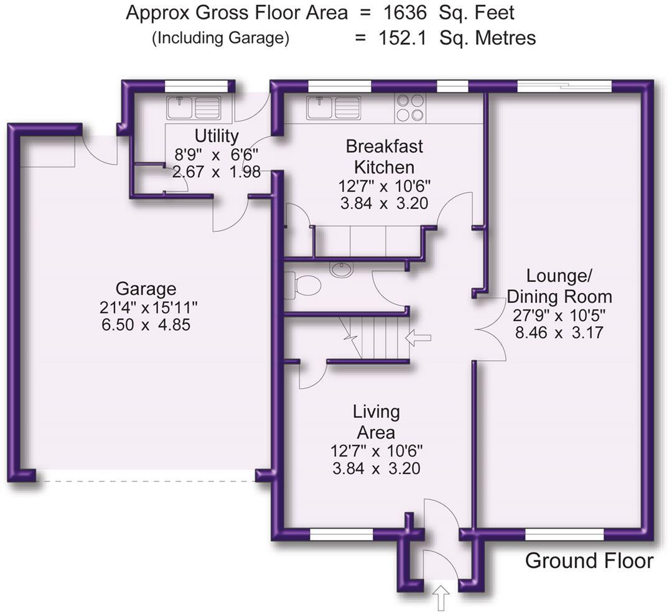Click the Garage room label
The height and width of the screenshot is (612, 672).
(146, 289)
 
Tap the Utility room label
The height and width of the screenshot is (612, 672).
(216, 136)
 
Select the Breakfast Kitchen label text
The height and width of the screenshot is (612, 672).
(384, 157)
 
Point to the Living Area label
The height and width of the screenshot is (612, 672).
(376, 421)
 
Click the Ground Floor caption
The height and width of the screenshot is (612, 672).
(589, 561)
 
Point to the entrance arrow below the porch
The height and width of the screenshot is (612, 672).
(441, 601)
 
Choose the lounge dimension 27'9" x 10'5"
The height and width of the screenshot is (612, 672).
(559, 315)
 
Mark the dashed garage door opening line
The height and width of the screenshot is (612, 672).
(146, 481)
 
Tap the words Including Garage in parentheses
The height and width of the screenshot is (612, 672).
(220, 38)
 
